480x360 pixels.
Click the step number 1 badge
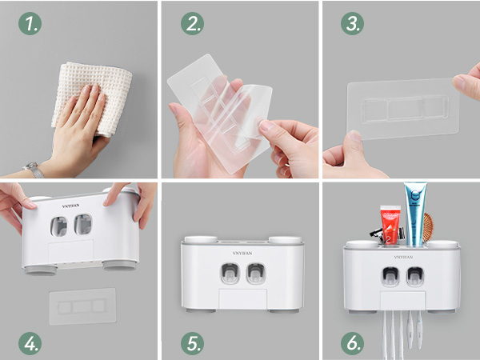30,25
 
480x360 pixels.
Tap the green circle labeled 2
192,25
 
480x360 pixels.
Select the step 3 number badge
353,25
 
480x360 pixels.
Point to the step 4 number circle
30,345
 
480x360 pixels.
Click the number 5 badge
192,345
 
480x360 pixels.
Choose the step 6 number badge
353,345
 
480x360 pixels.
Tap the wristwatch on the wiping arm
34,170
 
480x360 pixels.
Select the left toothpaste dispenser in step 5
229,274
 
